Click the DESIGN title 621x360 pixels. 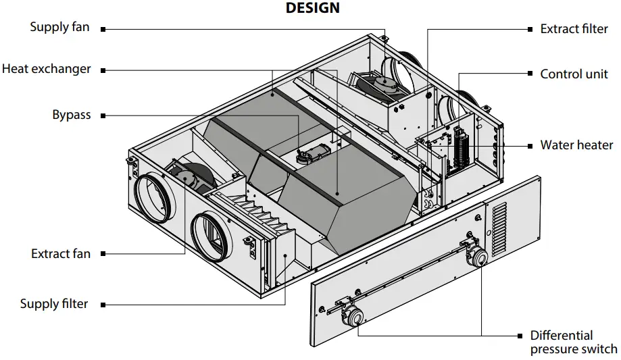tap(312, 8)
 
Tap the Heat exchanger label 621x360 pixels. tap(46, 69)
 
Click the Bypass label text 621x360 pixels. tap(72, 115)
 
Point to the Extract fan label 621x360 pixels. tap(61, 254)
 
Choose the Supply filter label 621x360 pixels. tap(54, 304)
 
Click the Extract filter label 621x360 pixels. tap(574, 29)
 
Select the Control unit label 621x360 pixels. tap(574, 74)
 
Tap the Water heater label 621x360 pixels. tap(576, 145)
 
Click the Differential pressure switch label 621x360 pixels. tap(573, 342)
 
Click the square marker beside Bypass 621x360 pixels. tap(103, 115)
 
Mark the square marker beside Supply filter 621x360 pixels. tap(103, 305)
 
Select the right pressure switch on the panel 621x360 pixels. tap(477, 257)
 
